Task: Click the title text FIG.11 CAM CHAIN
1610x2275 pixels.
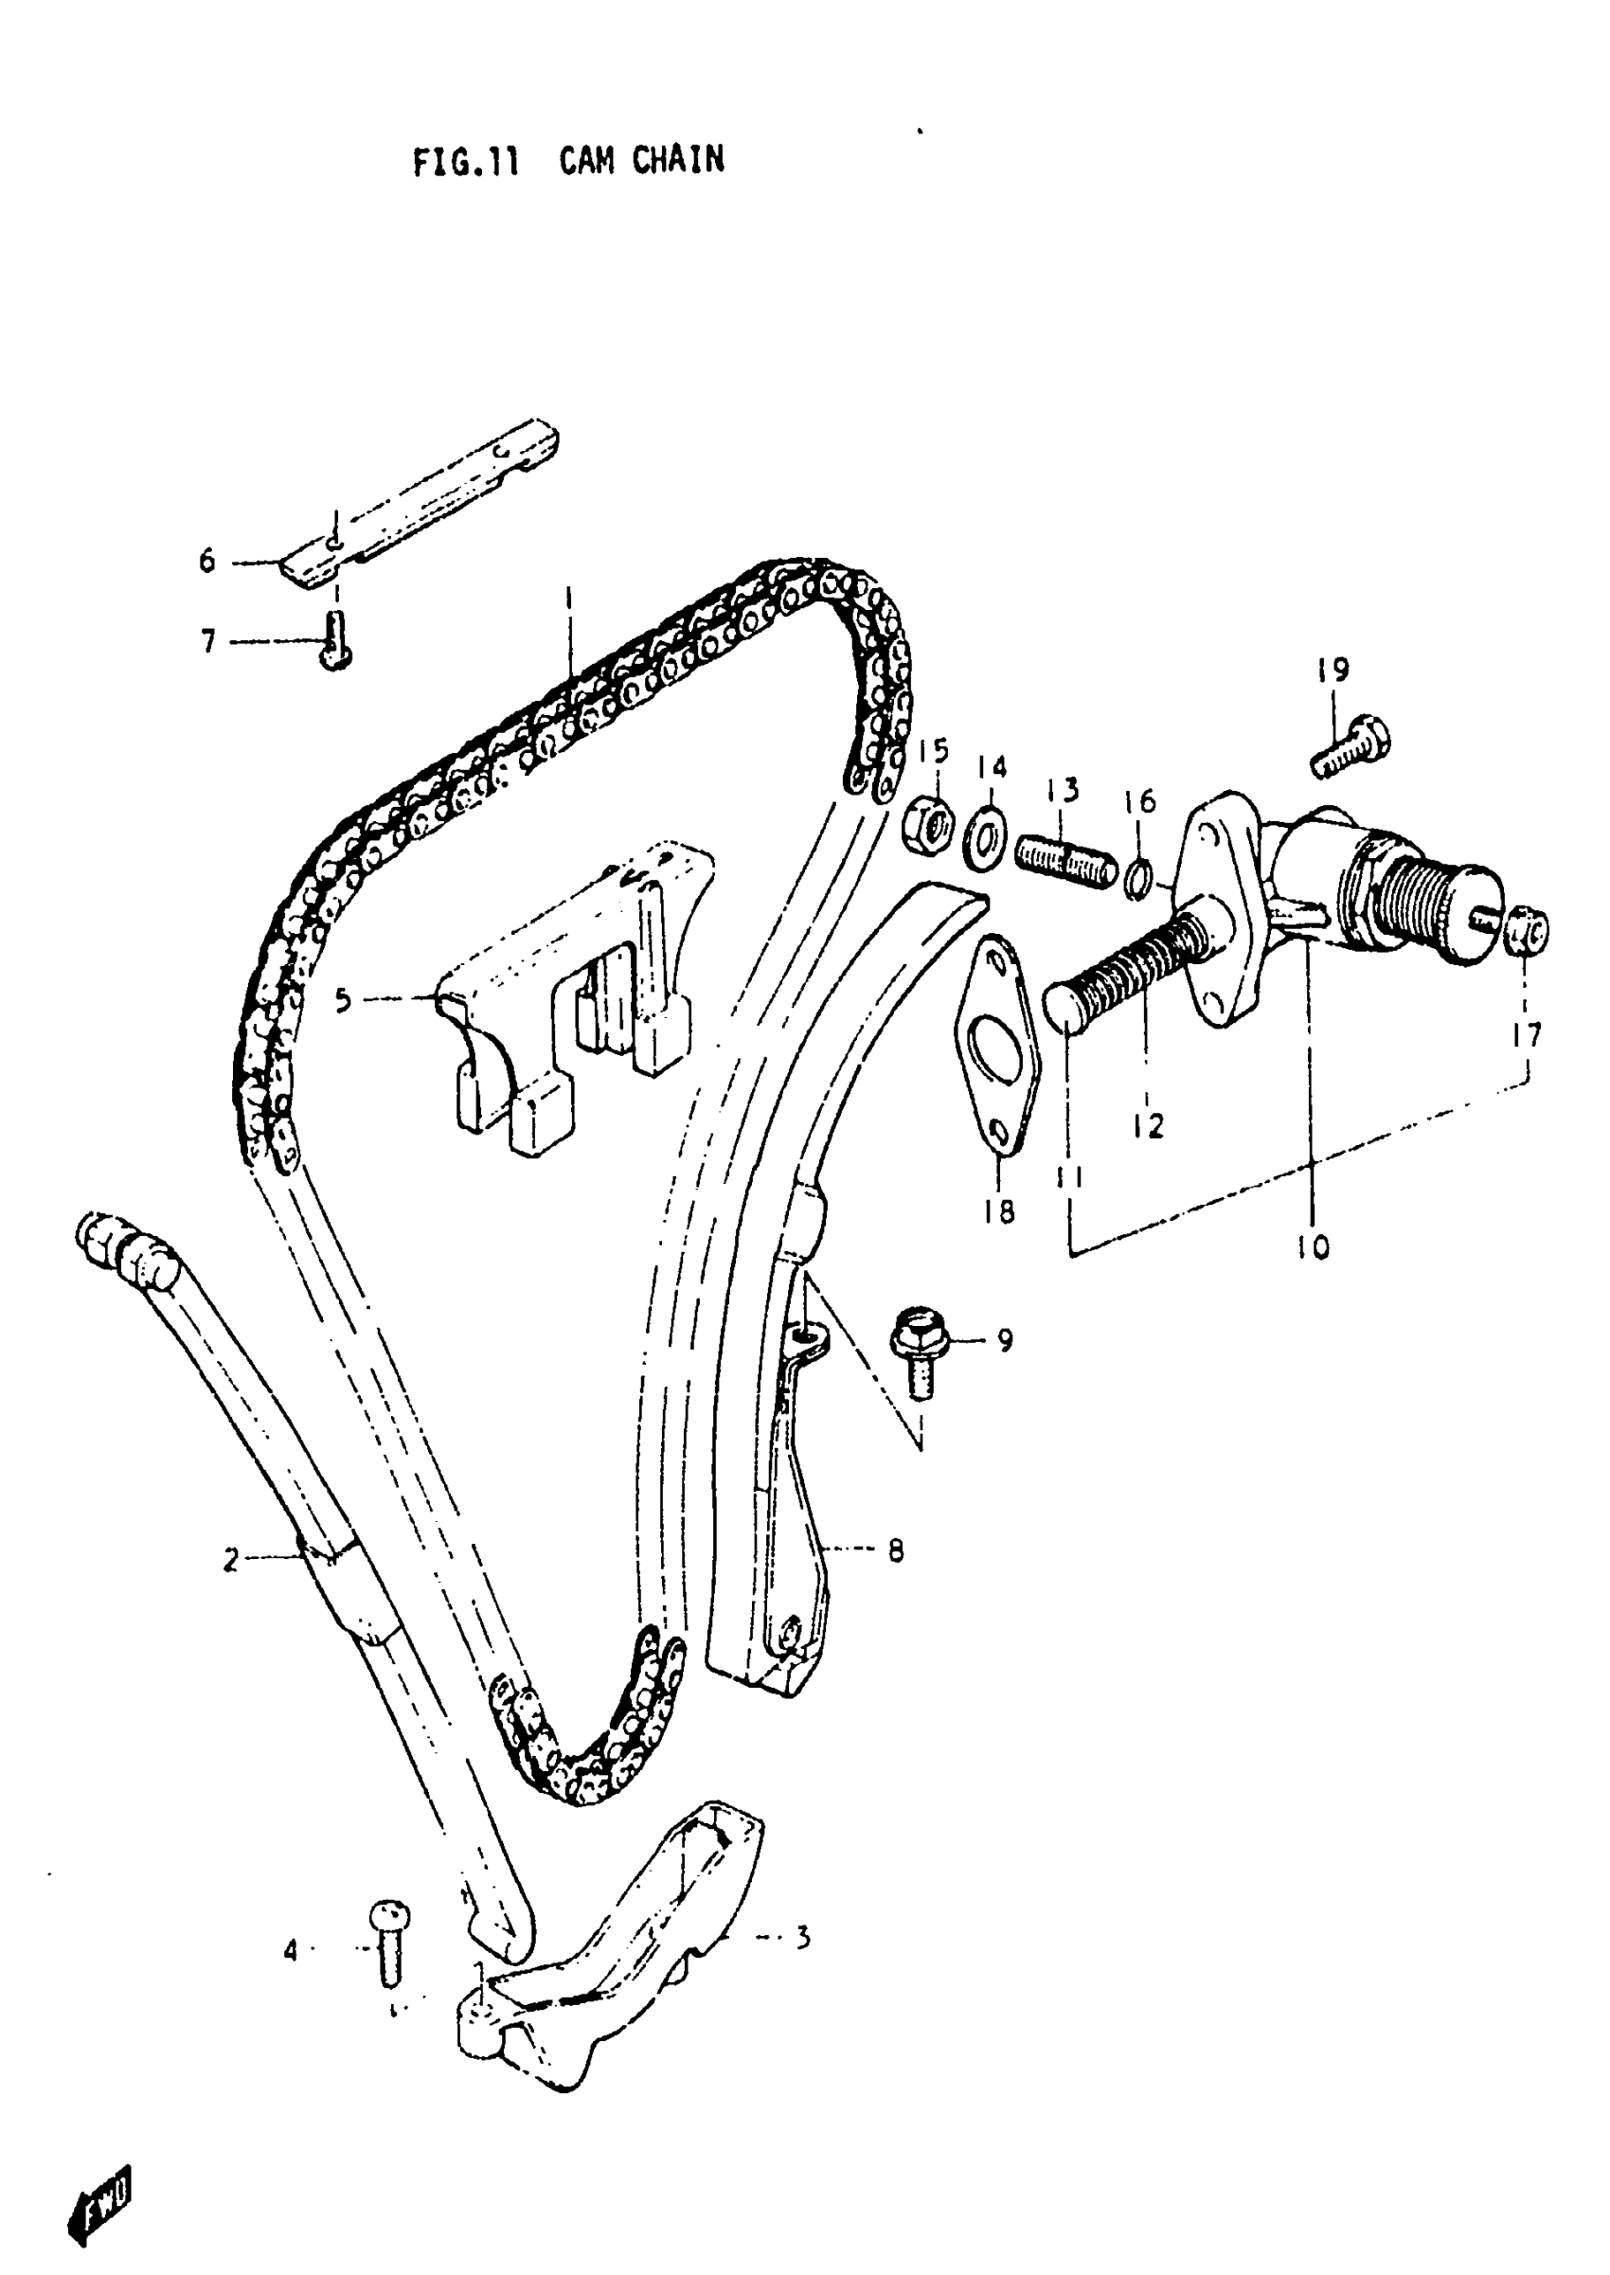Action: [568, 161]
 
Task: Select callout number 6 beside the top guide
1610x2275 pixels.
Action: [207, 561]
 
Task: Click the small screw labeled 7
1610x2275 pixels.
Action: [336, 640]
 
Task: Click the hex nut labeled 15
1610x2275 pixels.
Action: [930, 822]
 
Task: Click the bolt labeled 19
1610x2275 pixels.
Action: [1351, 744]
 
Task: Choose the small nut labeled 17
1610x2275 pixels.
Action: [1529, 931]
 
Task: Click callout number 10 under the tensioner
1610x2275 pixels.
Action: [1313, 1246]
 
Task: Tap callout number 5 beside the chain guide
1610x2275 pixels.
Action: [343, 999]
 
